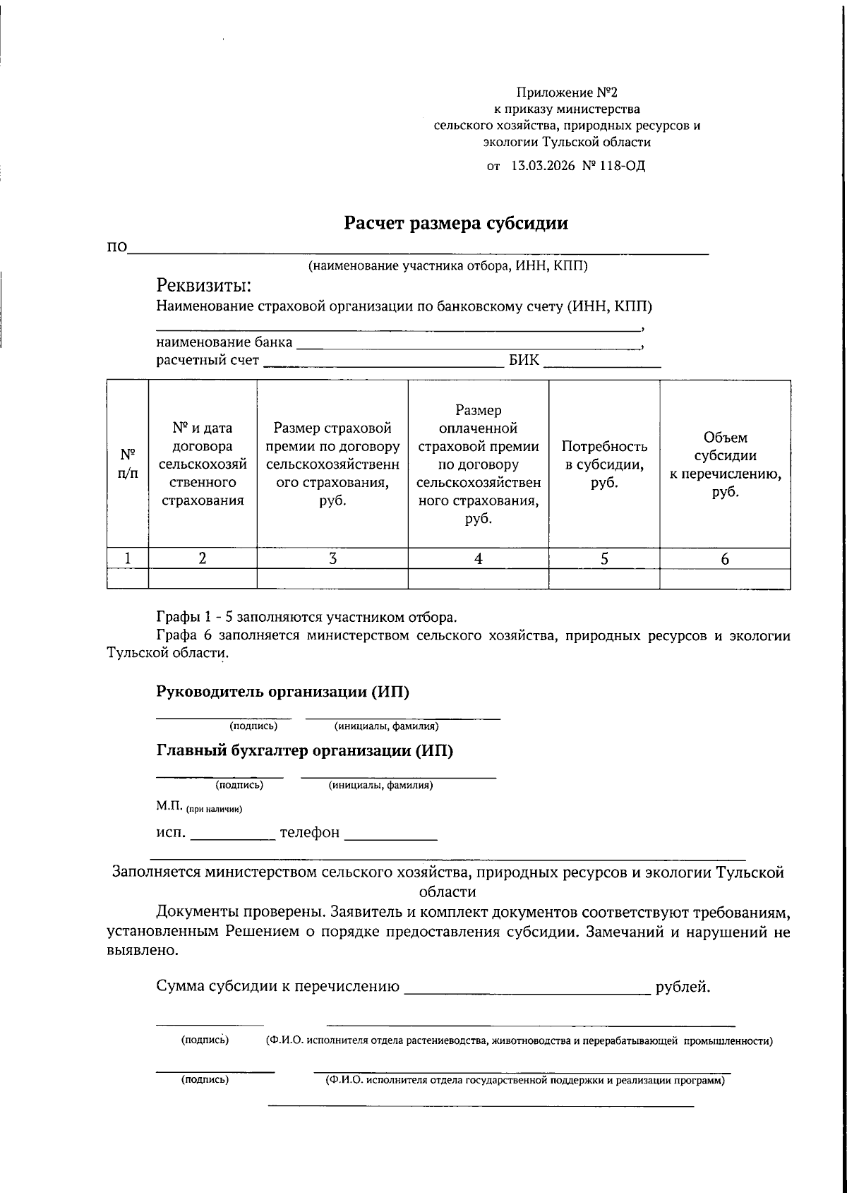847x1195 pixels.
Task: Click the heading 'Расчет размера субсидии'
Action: tap(456, 224)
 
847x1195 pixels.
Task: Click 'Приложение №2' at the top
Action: tap(567, 92)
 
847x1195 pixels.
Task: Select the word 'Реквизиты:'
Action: tap(204, 286)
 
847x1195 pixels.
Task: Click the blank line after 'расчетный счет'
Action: tap(384, 362)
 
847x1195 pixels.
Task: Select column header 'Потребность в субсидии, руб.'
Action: tap(604, 464)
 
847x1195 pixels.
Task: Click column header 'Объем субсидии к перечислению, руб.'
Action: tap(725, 464)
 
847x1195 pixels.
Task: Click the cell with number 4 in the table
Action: tap(478, 558)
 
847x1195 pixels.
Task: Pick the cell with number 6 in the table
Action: tap(725, 558)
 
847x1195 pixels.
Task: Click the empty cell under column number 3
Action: tap(332, 579)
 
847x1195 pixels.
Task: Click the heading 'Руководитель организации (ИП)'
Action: tap(282, 692)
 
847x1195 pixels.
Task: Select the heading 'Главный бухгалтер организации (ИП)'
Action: tap(304, 750)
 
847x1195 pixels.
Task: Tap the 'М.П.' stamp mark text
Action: tap(169, 805)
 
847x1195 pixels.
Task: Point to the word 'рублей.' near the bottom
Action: tap(683, 987)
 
